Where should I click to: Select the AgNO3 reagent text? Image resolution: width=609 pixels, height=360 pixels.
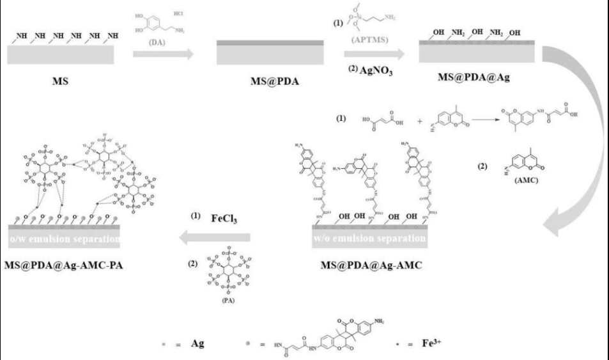371,71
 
